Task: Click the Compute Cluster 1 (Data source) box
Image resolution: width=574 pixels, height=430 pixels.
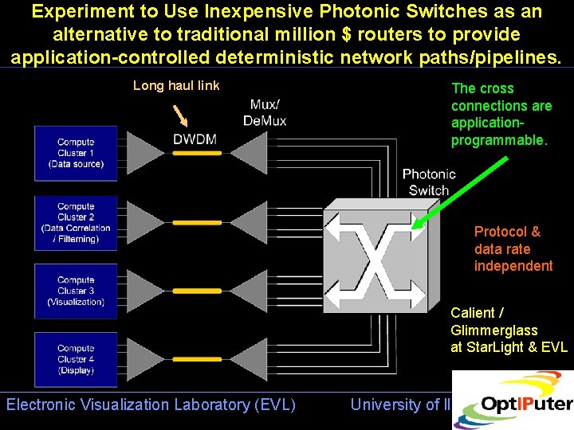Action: (x=76, y=153)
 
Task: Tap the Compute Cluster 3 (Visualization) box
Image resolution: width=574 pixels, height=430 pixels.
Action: (x=76, y=291)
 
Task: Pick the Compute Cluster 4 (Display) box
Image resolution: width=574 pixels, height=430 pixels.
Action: (x=76, y=359)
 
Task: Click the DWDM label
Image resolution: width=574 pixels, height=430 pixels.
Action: (x=195, y=140)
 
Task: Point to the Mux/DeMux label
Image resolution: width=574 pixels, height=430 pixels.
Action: (x=265, y=112)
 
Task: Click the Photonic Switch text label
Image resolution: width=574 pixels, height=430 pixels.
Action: (x=429, y=182)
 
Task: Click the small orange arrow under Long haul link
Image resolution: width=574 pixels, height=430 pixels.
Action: (x=182, y=116)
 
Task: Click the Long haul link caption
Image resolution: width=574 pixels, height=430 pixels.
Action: (x=175, y=85)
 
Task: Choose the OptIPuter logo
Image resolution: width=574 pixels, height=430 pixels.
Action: (x=514, y=403)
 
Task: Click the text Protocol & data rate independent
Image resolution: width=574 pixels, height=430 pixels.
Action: (x=513, y=248)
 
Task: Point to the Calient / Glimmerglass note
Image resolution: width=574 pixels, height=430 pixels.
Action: (x=508, y=330)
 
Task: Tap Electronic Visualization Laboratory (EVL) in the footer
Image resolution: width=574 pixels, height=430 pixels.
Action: (x=151, y=405)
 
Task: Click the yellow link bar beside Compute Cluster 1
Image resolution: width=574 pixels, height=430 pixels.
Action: (x=197, y=154)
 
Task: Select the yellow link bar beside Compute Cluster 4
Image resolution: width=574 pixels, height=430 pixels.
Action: (x=197, y=359)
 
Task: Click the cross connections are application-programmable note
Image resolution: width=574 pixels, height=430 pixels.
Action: (x=501, y=114)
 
